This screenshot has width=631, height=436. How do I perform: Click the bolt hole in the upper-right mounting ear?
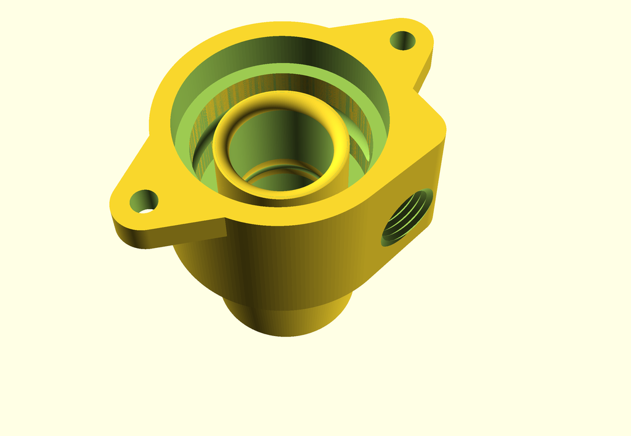pos(402,41)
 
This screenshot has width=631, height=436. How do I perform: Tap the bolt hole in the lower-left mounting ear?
pos(143,200)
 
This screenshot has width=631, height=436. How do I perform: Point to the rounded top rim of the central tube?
pos(280,99)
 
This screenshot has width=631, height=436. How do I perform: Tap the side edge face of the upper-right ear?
pos(424,71)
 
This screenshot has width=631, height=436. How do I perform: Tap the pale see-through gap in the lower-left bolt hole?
pos(146,210)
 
